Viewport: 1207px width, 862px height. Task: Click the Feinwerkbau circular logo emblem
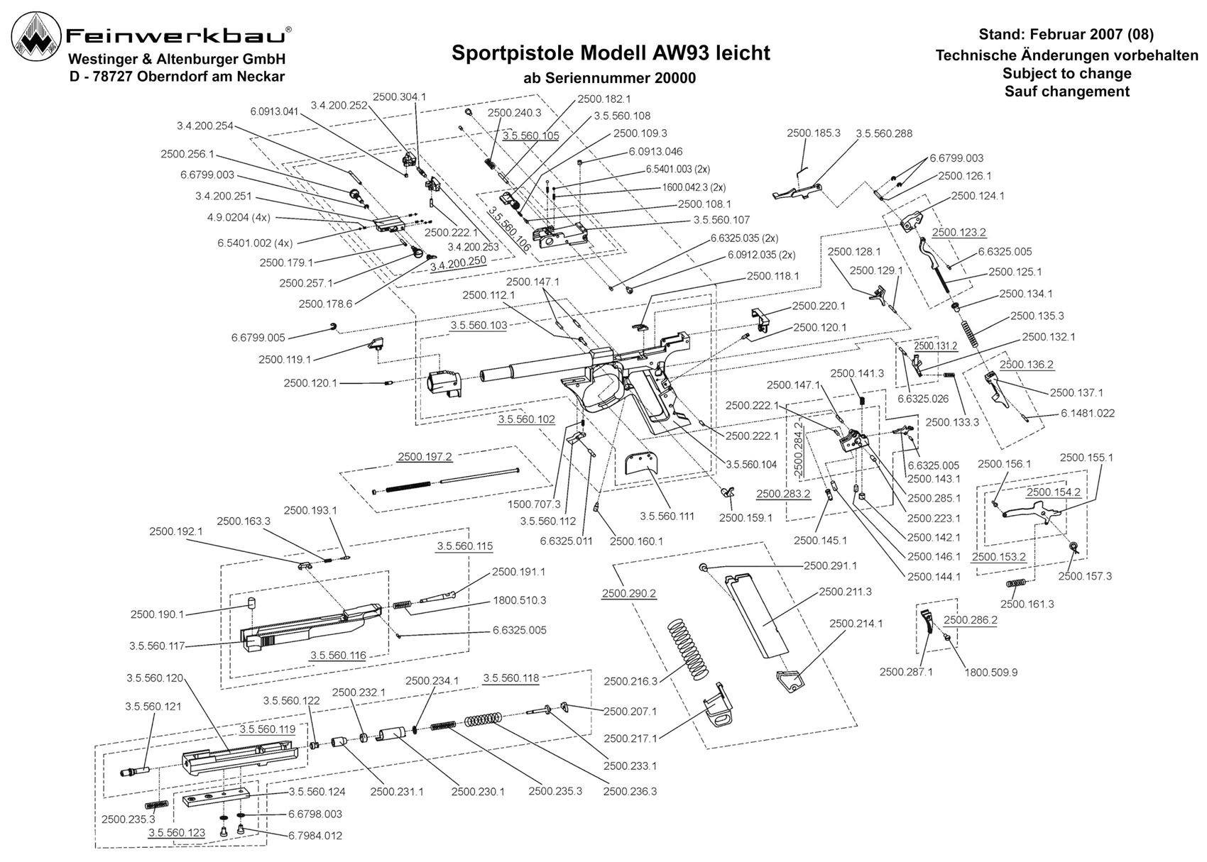[37, 37]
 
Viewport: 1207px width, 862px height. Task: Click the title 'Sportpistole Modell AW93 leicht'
[611, 53]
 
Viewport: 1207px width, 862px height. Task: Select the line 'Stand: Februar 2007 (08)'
[1066, 35]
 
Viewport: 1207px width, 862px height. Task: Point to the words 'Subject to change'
[1067, 73]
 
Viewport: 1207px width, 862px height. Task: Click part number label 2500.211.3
[845, 592]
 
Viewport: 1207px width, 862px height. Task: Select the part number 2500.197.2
[425, 457]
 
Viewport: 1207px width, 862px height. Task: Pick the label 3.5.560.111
[667, 516]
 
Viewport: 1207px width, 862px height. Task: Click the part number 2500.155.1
[1086, 458]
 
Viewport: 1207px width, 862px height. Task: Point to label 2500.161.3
[1027, 604]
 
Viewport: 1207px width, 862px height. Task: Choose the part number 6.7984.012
[315, 836]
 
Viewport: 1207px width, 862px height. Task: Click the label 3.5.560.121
[153, 707]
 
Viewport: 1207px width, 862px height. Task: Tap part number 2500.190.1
[157, 614]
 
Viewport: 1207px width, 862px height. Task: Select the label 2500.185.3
[813, 133]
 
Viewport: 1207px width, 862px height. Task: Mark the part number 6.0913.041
[274, 111]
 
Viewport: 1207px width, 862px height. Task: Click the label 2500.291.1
[830, 566]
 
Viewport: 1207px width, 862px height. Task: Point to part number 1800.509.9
[990, 673]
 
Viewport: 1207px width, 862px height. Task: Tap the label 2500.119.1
[285, 360]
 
